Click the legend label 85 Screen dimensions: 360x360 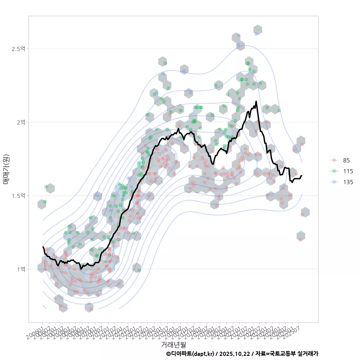(x=346, y=160)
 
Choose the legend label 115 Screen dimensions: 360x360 (x=348, y=171)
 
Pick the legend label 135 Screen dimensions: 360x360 (x=348, y=182)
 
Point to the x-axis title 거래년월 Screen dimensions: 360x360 (x=173, y=344)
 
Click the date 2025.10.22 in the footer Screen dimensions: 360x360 (x=235, y=354)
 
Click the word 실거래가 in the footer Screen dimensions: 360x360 (x=308, y=354)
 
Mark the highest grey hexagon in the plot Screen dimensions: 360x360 (x=257, y=30)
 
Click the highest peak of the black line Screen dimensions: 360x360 (x=256, y=101)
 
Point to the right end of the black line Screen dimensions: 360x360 (x=301, y=175)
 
